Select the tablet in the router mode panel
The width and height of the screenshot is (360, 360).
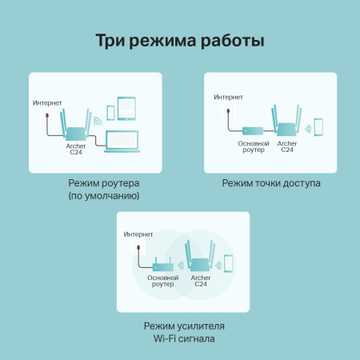127,108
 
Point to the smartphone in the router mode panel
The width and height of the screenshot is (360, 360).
110,115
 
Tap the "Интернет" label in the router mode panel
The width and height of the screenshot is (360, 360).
48,103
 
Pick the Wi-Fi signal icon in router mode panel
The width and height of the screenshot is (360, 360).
98,122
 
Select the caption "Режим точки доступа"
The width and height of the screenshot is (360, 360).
271,183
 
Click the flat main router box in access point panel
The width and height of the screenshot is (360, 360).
248,130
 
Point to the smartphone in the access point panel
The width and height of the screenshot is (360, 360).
318,128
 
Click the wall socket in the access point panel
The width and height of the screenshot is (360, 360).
222,113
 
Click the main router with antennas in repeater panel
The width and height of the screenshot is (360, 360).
164,263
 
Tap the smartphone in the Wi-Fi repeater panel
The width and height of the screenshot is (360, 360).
227,263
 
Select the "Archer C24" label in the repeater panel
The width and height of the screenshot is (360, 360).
201,282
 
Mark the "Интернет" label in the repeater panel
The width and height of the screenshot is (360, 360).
138,234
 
